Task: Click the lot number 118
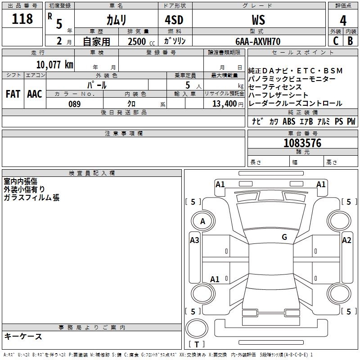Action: coord(22,19)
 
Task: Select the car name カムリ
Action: coord(116,20)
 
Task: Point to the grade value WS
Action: coord(258,20)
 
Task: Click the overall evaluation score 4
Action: coord(343,20)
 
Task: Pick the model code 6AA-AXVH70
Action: coord(258,41)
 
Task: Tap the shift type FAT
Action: coord(13,94)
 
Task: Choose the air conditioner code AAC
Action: coord(35,94)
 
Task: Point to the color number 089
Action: coord(75,104)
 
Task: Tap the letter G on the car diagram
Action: coord(284,237)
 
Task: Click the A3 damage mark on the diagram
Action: coord(194,240)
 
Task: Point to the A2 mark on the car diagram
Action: coord(346,240)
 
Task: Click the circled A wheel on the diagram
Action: coord(202,221)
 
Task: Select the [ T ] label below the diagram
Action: coord(196,344)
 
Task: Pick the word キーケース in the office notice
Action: coord(23,337)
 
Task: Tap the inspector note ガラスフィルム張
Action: coord(31,198)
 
